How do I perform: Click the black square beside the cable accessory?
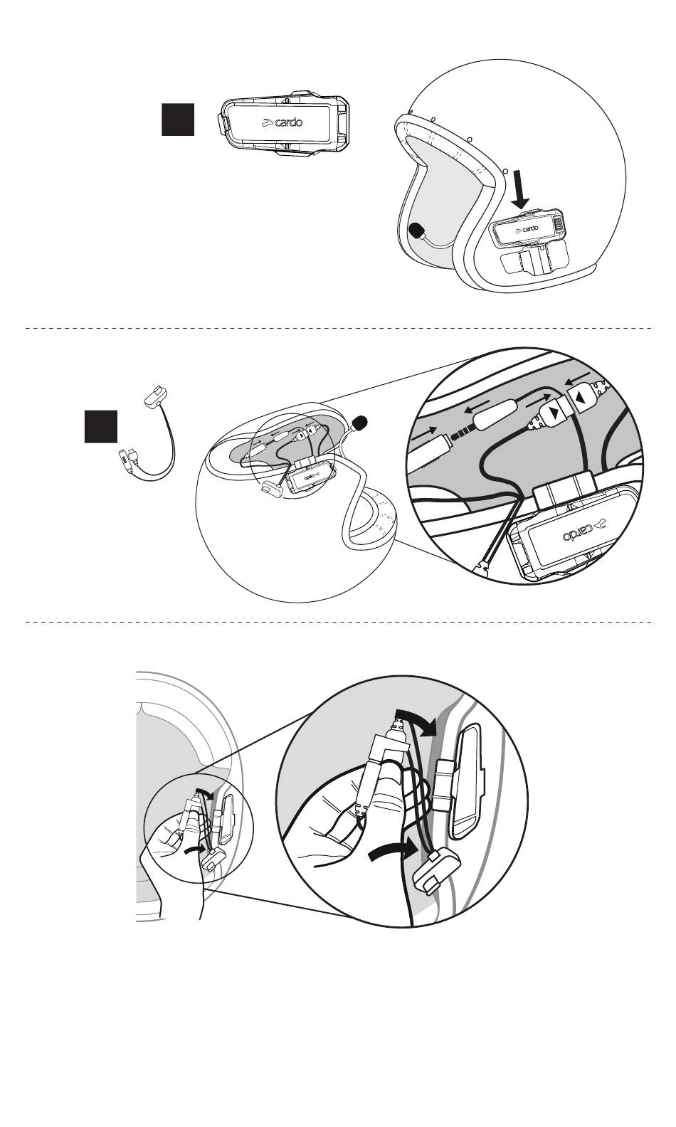click(x=101, y=425)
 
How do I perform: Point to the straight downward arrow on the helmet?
click(x=523, y=191)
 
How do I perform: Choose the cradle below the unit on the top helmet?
click(x=534, y=260)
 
